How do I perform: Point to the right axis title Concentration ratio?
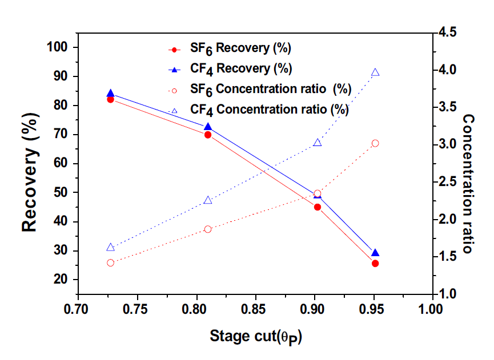[x=468, y=184]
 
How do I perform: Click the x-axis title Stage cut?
[x=255, y=336]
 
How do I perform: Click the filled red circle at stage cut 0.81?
[x=208, y=135]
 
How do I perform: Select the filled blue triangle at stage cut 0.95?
[x=375, y=253]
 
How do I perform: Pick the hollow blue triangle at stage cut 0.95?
[x=375, y=72]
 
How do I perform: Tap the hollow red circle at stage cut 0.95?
[x=375, y=143]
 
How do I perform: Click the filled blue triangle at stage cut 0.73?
[x=111, y=94]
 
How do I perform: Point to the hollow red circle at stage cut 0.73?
[x=111, y=262]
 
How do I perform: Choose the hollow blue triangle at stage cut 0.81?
[x=208, y=200]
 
